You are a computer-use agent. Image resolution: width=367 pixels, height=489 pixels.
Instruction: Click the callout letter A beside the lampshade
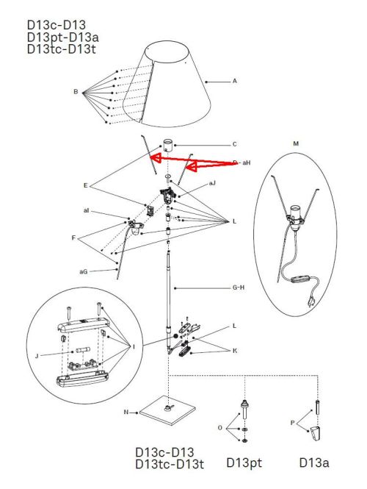235,81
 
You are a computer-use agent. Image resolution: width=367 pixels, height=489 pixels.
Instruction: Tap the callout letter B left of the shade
76,92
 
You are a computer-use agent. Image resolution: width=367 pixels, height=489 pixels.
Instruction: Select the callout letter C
235,144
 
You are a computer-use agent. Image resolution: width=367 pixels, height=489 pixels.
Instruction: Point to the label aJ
212,183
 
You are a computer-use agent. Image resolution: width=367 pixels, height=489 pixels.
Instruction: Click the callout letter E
86,185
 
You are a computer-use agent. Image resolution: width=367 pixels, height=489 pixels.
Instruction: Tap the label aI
86,210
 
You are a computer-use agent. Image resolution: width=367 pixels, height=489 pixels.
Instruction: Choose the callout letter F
73,238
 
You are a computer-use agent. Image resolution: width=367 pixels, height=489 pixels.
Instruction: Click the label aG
84,271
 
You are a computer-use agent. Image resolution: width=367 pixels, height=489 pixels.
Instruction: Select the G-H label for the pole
239,288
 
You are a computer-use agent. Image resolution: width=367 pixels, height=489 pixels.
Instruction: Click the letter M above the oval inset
296,144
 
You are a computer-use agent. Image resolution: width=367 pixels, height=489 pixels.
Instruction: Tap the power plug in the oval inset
310,301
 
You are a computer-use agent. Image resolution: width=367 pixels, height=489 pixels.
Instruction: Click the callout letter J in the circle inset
37,356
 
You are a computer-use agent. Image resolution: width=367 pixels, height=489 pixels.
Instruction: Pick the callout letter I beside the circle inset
134,347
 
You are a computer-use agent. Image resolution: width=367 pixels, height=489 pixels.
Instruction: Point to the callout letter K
235,351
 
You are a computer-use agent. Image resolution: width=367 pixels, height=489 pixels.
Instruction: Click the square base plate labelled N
168,410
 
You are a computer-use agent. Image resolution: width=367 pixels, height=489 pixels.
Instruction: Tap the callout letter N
126,413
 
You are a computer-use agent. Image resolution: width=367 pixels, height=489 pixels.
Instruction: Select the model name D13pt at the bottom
244,463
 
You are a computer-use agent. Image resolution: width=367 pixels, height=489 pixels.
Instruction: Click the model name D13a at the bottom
313,463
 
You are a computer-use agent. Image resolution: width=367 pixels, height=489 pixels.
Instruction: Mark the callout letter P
292,424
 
